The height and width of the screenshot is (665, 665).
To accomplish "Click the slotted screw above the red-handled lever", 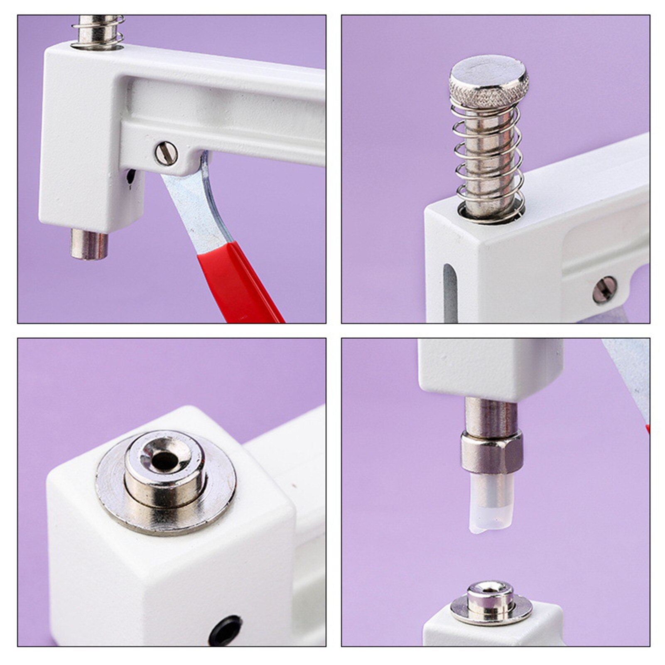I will [x=167, y=153].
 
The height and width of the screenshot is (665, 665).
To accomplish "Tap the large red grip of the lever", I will [x=237, y=282].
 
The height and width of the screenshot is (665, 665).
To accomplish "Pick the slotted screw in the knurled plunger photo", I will [x=604, y=290].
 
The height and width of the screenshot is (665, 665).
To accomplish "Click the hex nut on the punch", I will [x=491, y=452].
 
